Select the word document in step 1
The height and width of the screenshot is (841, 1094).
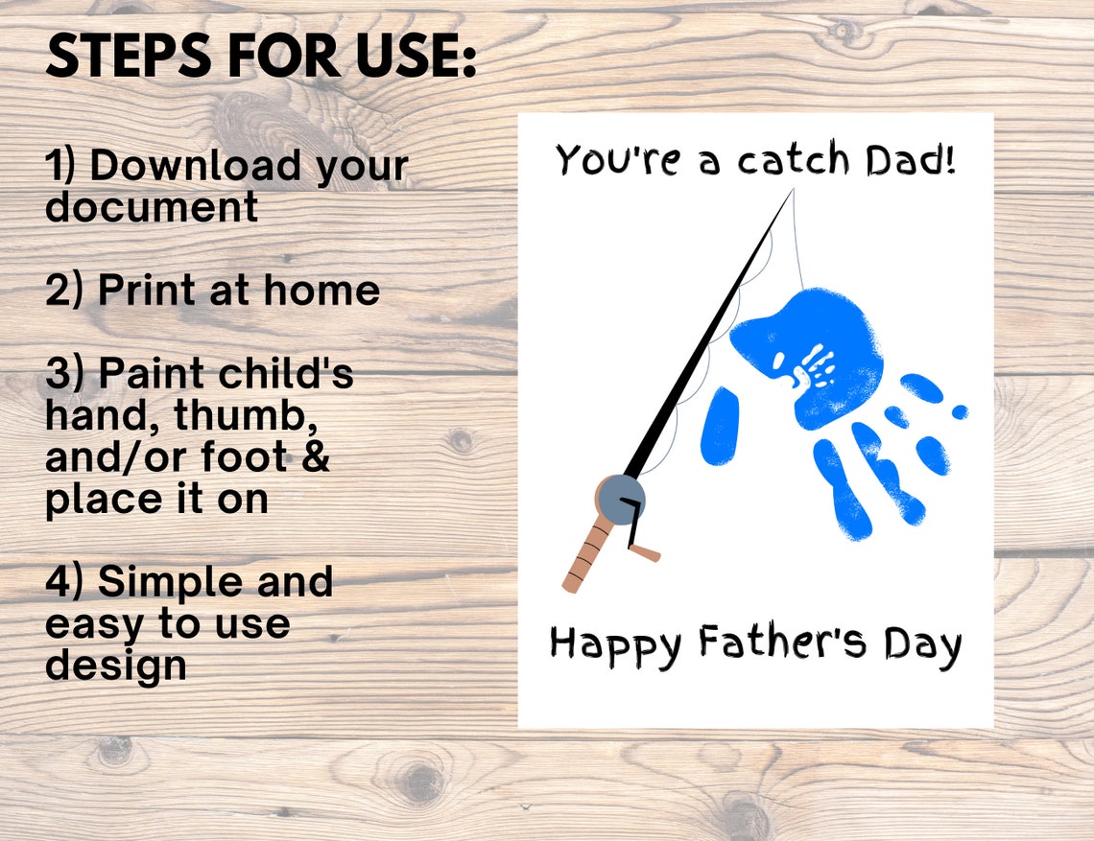pos(152,207)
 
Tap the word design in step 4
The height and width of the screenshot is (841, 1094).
pos(116,666)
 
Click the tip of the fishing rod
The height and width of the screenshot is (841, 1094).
pos(792,192)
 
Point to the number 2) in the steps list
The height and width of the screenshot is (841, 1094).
pos(66,291)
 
